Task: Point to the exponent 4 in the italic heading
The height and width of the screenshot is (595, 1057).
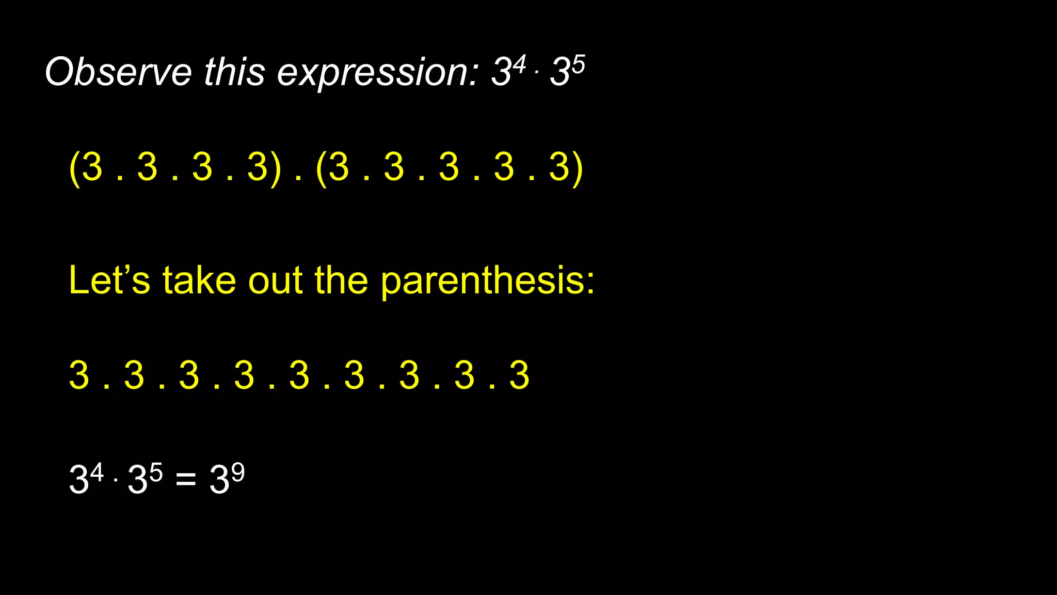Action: click(519, 64)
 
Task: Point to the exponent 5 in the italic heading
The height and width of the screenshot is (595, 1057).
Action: click(578, 64)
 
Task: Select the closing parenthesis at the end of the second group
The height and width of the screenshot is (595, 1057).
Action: click(579, 168)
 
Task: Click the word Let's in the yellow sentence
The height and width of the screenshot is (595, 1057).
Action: click(109, 280)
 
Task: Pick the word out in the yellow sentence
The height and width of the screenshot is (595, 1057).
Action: click(275, 281)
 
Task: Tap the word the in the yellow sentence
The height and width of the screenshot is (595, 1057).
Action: click(341, 280)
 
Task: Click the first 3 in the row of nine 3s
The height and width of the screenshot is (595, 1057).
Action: click(79, 375)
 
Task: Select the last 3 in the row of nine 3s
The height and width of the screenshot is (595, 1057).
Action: click(519, 375)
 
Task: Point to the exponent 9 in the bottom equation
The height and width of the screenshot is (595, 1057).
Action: click(237, 472)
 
